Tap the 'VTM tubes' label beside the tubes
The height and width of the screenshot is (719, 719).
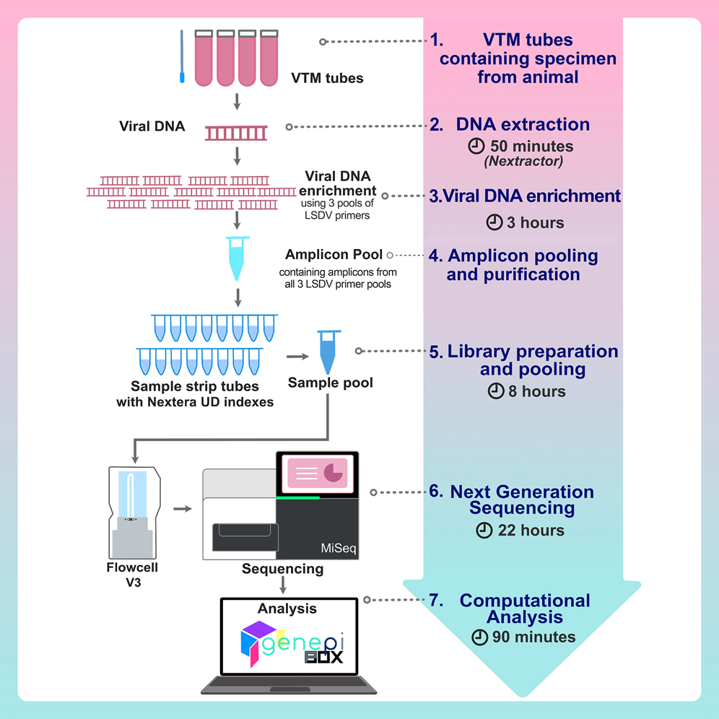(327, 77)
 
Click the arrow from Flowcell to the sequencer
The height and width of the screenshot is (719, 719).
(183, 509)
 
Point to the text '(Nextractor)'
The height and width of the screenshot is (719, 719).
(523, 161)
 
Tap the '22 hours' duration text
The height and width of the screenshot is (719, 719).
(530, 531)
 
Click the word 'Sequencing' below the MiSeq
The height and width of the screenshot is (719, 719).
(283, 568)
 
